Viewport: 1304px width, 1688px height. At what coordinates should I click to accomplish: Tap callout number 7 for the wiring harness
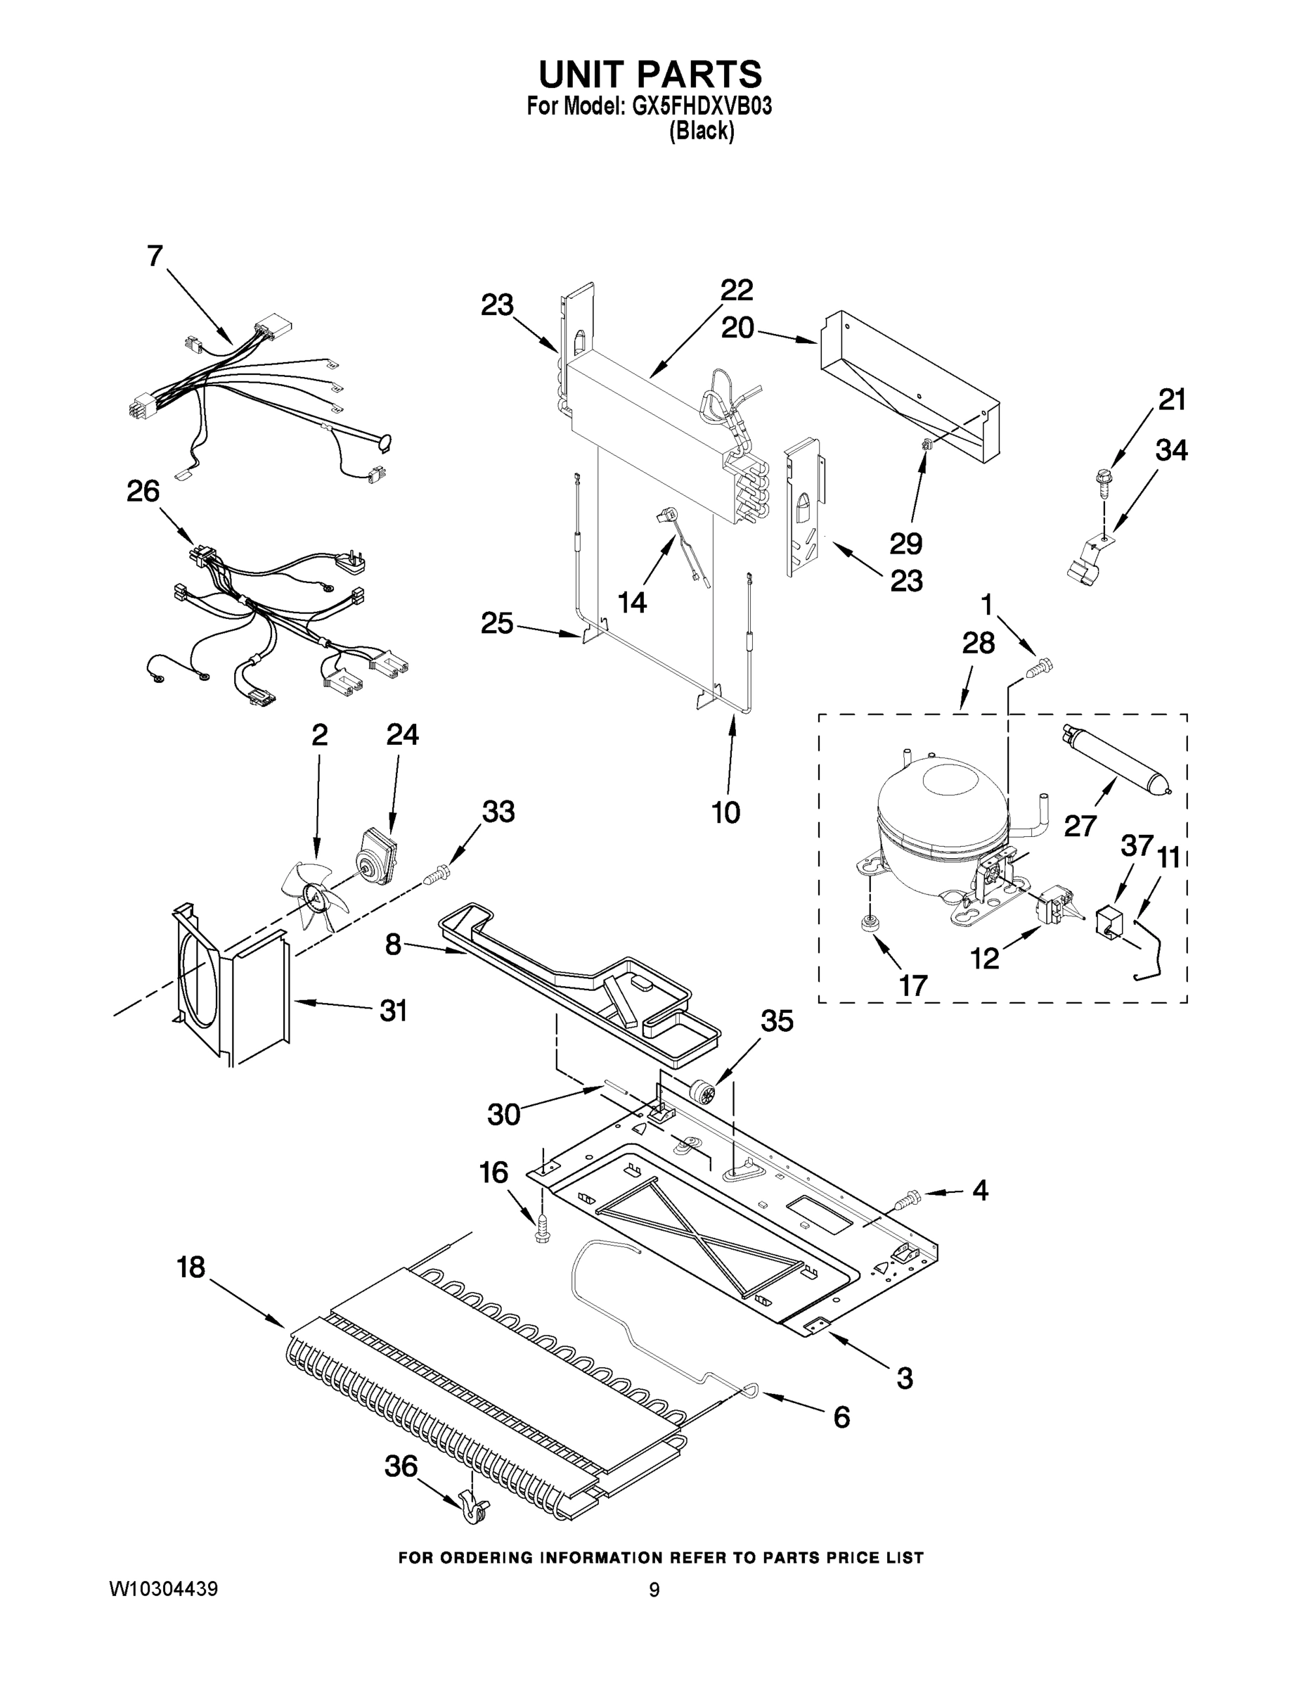pyautogui.click(x=155, y=256)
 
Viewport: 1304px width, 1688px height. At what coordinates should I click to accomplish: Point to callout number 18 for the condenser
pyautogui.click(x=191, y=1267)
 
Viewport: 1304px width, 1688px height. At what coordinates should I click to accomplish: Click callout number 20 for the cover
pyautogui.click(x=737, y=328)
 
